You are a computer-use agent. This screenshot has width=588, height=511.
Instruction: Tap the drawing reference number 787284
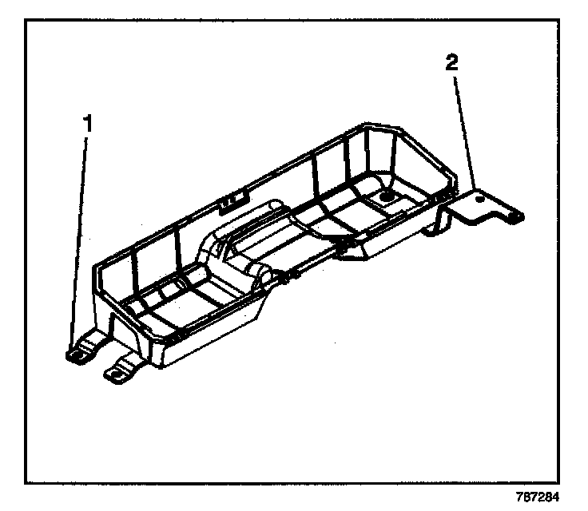(x=550, y=494)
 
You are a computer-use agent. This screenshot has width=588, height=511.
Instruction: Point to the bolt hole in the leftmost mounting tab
(x=77, y=353)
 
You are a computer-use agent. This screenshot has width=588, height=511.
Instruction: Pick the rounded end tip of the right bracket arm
(x=518, y=215)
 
